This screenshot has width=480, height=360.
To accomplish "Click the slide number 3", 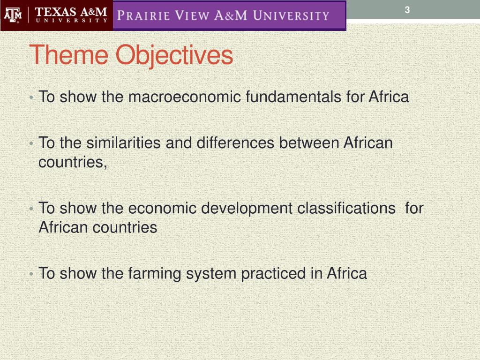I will point(407,10).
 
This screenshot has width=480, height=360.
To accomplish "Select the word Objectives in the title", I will point(174,55).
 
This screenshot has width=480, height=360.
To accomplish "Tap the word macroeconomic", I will point(185,97).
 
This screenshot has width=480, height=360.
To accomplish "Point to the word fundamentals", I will point(294,97).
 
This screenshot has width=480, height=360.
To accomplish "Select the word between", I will point(309,142).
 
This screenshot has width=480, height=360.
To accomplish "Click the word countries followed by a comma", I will point(73,162).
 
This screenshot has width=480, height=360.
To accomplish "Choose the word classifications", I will point(346,208).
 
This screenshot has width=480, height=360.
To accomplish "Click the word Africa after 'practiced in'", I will point(347,273).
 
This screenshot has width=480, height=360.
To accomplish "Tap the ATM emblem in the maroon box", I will point(12,16).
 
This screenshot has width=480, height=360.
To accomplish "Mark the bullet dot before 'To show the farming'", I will point(30,274).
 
